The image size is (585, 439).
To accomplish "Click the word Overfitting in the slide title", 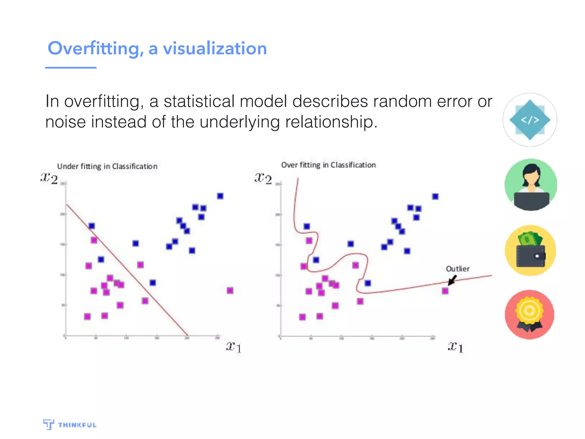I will pyautogui.click(x=96, y=49).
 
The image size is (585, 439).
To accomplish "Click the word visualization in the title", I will pyautogui.click(x=215, y=49).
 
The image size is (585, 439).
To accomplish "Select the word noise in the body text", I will pyautogui.click(x=65, y=122).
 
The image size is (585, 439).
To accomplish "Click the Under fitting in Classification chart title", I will pyautogui.click(x=107, y=166).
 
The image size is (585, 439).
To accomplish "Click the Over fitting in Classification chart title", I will pyautogui.click(x=328, y=165).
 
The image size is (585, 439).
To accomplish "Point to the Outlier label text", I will pyautogui.click(x=458, y=269).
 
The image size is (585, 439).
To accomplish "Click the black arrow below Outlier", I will pyautogui.click(x=452, y=280).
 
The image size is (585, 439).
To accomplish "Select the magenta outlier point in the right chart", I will pyautogui.click(x=445, y=291).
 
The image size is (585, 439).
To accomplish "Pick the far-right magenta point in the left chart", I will pyautogui.click(x=230, y=291).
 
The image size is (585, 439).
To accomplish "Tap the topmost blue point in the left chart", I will pyautogui.click(x=220, y=196).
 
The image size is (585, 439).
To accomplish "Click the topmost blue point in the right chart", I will pyautogui.click(x=435, y=196).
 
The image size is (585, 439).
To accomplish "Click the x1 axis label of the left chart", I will pyautogui.click(x=234, y=347).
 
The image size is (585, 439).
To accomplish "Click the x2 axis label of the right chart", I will pyautogui.click(x=263, y=178).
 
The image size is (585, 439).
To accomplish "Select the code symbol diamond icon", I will pyautogui.click(x=530, y=120).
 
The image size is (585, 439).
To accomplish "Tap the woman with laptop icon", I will pyautogui.click(x=531, y=185).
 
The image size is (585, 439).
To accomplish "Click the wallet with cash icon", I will pyautogui.click(x=530, y=251).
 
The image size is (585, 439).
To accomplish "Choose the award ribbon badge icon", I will pyautogui.click(x=529, y=315).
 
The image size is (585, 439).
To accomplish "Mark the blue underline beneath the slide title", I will pyautogui.click(x=71, y=68).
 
